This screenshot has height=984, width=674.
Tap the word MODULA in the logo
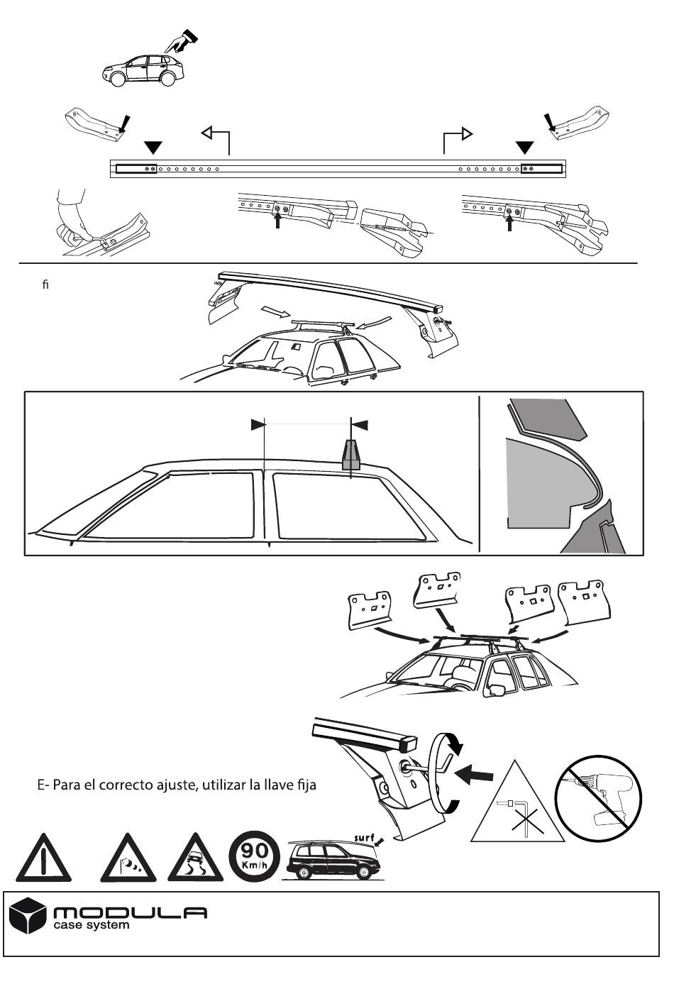tap(130, 912)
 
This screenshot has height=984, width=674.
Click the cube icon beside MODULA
tap(28, 915)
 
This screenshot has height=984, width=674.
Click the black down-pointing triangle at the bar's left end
tap(153, 148)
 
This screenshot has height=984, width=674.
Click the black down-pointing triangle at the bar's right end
tap(524, 148)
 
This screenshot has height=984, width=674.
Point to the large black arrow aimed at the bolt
tap(473, 774)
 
